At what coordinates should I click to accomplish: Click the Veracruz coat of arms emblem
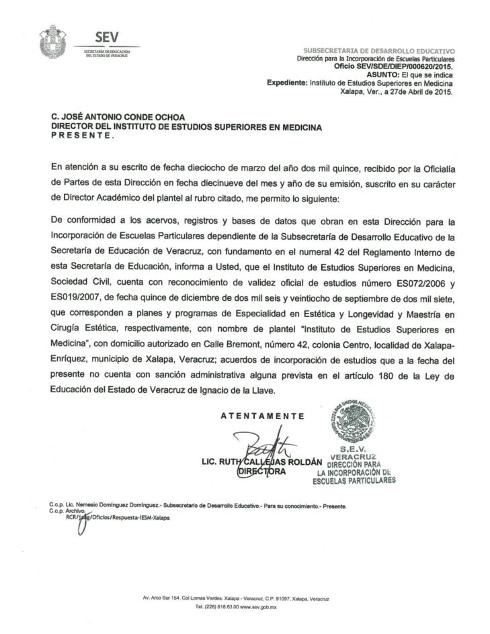click(x=53, y=42)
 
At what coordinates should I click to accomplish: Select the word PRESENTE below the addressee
click(x=83, y=136)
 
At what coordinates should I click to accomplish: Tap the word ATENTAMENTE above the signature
click(x=262, y=416)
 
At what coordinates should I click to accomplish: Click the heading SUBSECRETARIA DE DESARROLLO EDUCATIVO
click(x=379, y=51)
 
